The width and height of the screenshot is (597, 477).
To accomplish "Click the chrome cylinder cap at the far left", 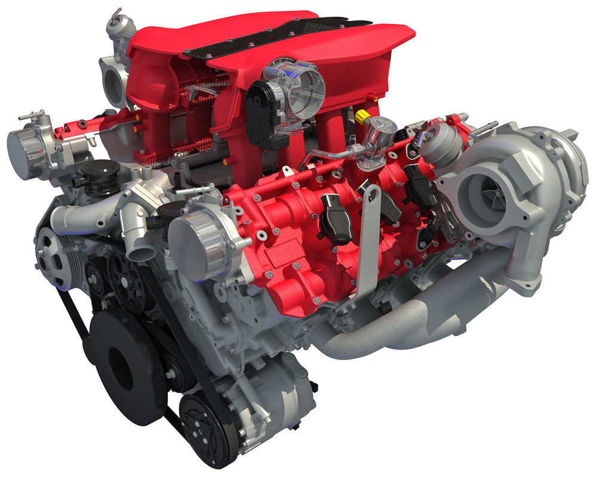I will click(x=27, y=152).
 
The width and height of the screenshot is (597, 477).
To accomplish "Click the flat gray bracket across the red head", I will click(x=368, y=238).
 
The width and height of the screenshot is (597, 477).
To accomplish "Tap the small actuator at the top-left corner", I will click(x=116, y=27).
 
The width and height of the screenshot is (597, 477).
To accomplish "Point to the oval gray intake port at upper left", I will click(x=114, y=83).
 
